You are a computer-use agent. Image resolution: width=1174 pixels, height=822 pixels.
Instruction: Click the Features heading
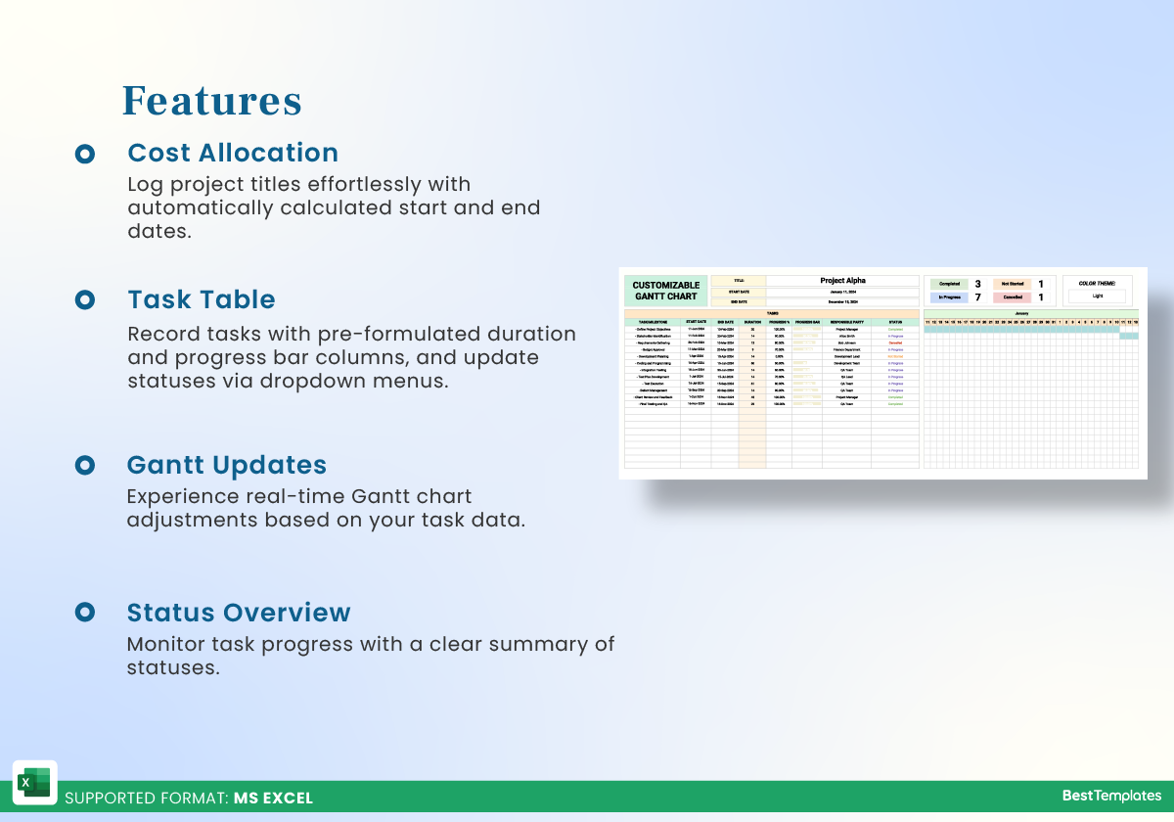click(x=211, y=101)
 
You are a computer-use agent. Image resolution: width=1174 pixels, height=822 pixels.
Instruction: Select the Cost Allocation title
click(x=233, y=153)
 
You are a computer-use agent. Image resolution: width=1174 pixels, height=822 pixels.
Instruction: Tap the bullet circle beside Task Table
click(x=85, y=299)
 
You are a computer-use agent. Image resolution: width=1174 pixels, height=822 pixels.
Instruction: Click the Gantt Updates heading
click(x=227, y=465)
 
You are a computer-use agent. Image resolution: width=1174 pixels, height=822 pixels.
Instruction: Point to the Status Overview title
click(x=239, y=613)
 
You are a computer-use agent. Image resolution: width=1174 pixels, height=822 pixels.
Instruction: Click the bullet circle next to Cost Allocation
click(x=85, y=154)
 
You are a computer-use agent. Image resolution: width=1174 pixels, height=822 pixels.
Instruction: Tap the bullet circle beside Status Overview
click(x=85, y=613)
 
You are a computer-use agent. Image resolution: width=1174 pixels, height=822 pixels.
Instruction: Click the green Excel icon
click(x=34, y=783)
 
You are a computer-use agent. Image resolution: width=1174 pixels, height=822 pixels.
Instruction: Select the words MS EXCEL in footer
click(x=273, y=799)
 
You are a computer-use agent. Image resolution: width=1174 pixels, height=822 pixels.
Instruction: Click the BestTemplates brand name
click(x=1111, y=796)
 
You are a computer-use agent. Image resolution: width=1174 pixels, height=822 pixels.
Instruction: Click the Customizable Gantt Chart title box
click(x=665, y=291)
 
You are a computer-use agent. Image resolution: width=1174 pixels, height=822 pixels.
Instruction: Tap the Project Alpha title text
click(x=842, y=281)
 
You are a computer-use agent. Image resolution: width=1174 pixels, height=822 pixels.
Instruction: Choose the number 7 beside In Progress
click(x=977, y=297)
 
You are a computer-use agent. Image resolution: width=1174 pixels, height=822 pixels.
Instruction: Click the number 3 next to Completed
click(x=977, y=284)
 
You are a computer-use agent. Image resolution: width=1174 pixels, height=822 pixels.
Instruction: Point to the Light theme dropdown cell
click(x=1096, y=296)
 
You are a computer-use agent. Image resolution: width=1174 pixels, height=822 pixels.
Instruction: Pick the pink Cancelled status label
click(x=1012, y=297)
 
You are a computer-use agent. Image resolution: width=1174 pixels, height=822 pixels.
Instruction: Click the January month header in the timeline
click(x=1031, y=314)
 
